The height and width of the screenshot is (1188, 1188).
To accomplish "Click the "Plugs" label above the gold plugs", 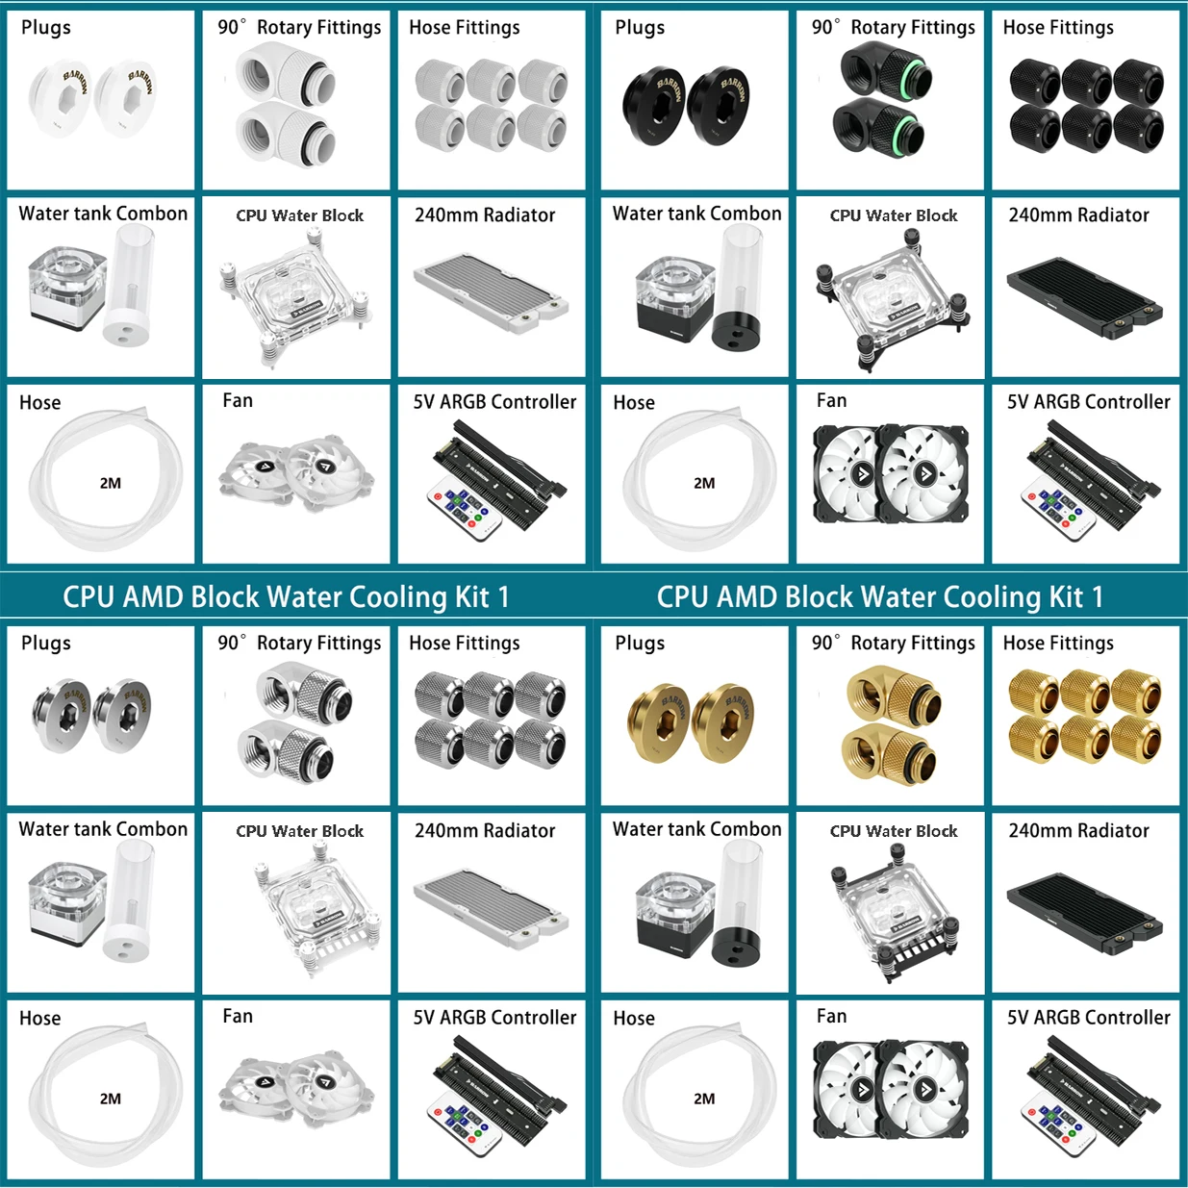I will (x=640, y=643).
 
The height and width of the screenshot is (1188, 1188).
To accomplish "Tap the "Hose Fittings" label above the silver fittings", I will (x=464, y=643).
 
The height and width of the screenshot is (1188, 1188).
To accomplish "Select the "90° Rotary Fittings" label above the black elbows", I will (x=893, y=27).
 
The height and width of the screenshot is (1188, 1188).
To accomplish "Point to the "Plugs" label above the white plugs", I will (x=46, y=27).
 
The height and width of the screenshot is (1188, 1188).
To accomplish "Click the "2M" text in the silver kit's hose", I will (x=111, y=1099).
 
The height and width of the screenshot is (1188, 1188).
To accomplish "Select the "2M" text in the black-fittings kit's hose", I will (x=704, y=483).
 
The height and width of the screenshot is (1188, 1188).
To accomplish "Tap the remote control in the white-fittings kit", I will (x=465, y=510).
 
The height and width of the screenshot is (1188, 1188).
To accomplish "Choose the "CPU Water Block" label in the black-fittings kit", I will (x=894, y=215).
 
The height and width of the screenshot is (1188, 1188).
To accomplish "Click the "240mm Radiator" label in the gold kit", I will (x=1078, y=830).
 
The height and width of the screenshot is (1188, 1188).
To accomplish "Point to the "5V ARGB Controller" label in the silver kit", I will (x=494, y=1017).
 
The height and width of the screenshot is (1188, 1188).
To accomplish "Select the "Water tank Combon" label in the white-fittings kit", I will (x=103, y=214).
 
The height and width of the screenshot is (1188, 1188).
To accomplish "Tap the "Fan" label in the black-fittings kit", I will (x=831, y=400).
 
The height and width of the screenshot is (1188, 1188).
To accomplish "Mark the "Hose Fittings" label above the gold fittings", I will (x=1058, y=643).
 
